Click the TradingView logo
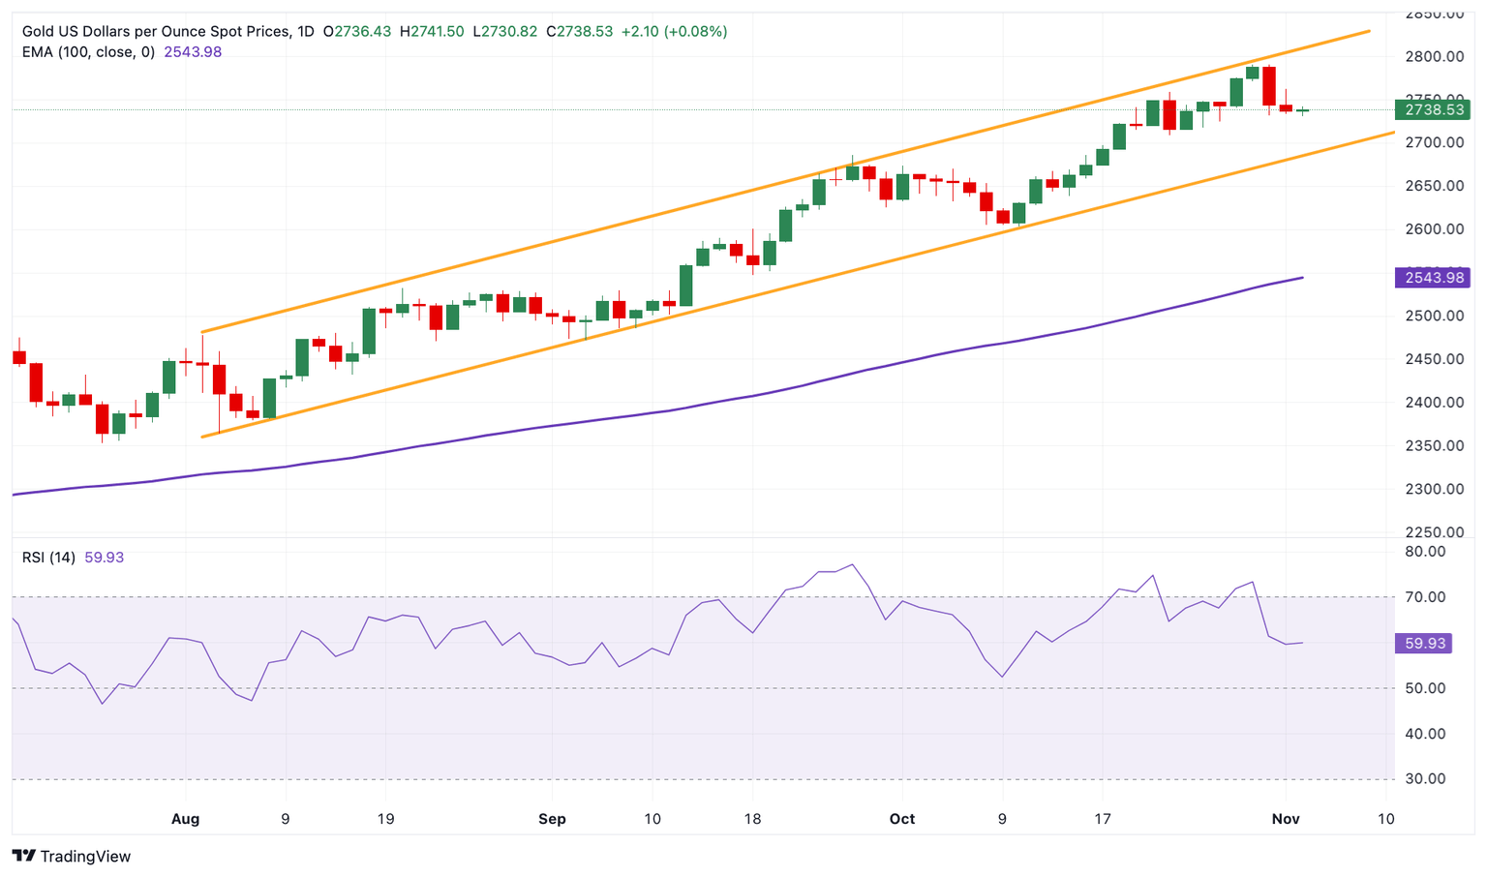point(72,856)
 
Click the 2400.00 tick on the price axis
point(1434,402)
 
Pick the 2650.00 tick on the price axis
point(1434,186)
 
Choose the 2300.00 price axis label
point(1434,489)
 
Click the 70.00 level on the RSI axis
point(1425,597)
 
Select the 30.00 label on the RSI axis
point(1425,778)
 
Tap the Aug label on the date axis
point(185,819)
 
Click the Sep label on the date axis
point(552,819)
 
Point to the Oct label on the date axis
point(902,819)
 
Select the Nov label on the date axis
point(1286,819)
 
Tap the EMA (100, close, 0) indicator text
point(88,52)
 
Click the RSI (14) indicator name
point(48,558)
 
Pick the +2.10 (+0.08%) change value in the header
point(674,31)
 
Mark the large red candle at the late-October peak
point(1269,86)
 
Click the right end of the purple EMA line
point(1302,278)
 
